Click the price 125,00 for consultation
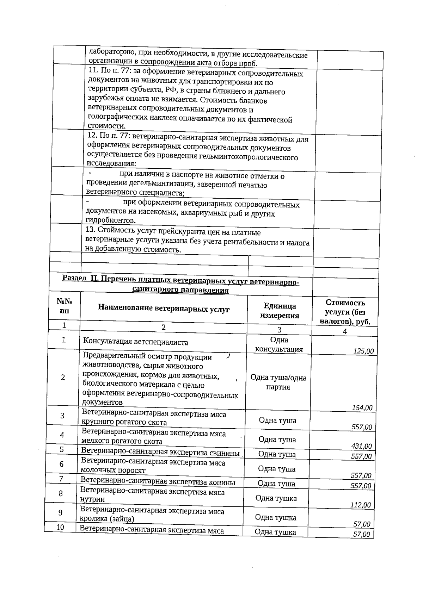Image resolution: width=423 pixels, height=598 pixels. point(363,351)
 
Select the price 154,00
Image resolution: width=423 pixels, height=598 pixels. point(362,408)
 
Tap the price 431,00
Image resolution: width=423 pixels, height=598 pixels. point(361,446)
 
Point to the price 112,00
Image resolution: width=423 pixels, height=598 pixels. point(360,505)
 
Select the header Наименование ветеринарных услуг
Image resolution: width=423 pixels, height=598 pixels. point(164,309)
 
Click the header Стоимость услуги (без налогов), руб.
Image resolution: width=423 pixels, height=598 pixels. point(345,312)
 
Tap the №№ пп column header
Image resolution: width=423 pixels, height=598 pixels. point(65,306)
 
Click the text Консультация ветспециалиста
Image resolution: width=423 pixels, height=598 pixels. point(135,342)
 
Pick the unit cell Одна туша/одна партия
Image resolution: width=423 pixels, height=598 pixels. point(278,382)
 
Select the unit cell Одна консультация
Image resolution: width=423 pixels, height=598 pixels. point(279,344)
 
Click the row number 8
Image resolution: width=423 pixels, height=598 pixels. point(61,493)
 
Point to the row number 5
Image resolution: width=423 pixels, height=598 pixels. point(62,449)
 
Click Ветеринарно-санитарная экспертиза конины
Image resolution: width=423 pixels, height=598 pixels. point(158,482)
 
